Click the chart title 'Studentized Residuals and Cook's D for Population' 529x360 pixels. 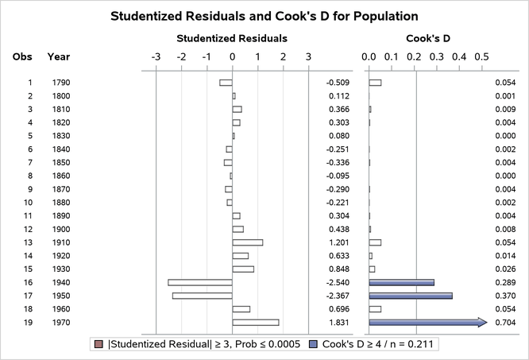(264, 16)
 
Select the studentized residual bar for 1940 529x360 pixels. (200, 282)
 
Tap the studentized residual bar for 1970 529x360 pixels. (256, 322)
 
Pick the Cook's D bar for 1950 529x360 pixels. (411, 296)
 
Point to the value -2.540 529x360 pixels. (338, 282)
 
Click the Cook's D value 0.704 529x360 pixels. (505, 322)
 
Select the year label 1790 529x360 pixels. (60, 83)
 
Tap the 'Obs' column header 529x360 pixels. (22, 56)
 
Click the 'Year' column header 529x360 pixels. (59, 56)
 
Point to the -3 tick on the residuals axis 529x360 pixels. (156, 56)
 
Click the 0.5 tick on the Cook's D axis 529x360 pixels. (481, 56)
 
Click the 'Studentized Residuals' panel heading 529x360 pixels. (232, 37)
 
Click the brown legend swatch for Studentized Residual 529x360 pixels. (98, 345)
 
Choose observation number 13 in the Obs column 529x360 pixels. (29, 242)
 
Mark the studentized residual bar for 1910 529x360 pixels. (247, 242)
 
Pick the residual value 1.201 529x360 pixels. (339, 242)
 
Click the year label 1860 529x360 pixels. (60, 176)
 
